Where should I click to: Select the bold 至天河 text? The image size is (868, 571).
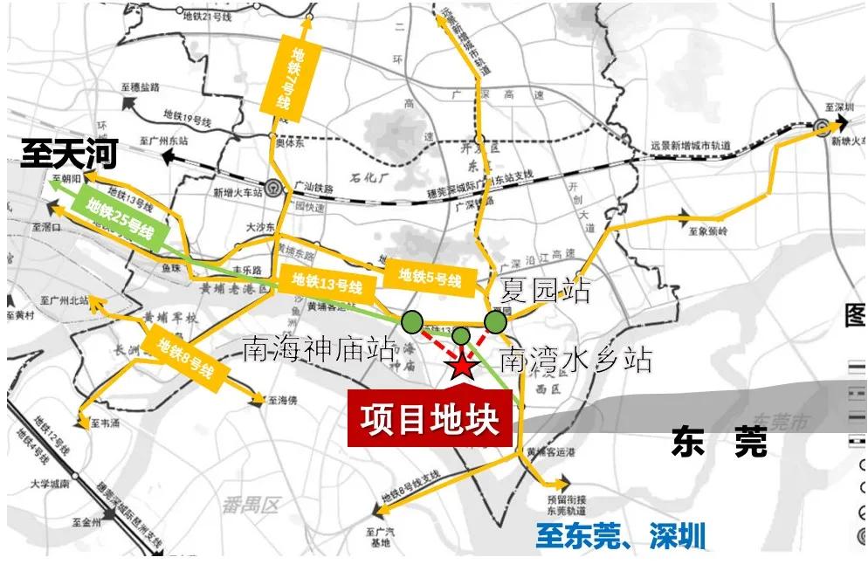[69, 157]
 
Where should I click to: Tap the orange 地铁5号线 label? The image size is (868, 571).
[430, 278]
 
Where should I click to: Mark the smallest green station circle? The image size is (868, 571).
[461, 335]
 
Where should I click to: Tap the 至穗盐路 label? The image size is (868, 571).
[141, 87]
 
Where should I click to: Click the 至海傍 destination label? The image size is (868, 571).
[283, 402]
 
